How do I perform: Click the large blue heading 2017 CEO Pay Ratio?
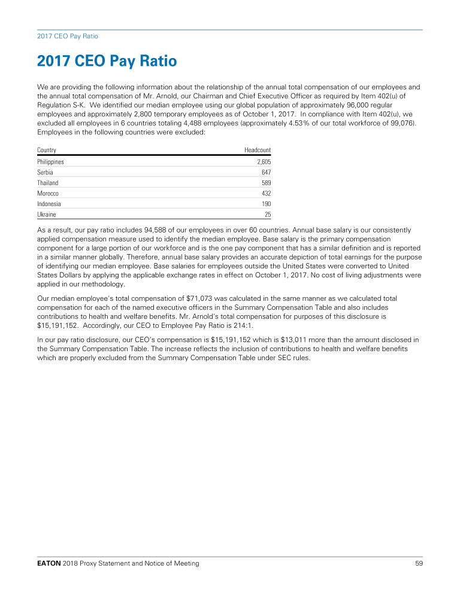point(107,61)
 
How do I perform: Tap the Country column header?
point(47,150)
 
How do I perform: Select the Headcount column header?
point(258,150)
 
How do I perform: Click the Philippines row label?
point(50,162)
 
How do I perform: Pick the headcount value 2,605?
point(264,162)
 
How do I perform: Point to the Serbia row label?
point(45,173)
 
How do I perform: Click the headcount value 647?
point(266,173)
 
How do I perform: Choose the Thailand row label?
point(48,183)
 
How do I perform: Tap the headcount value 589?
point(266,183)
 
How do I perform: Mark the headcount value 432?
point(266,194)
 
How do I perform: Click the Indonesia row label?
point(49,204)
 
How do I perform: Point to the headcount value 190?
point(266,204)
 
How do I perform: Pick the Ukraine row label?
point(47,214)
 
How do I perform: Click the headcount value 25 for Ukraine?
point(268,214)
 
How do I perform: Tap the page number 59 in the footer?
point(419,563)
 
